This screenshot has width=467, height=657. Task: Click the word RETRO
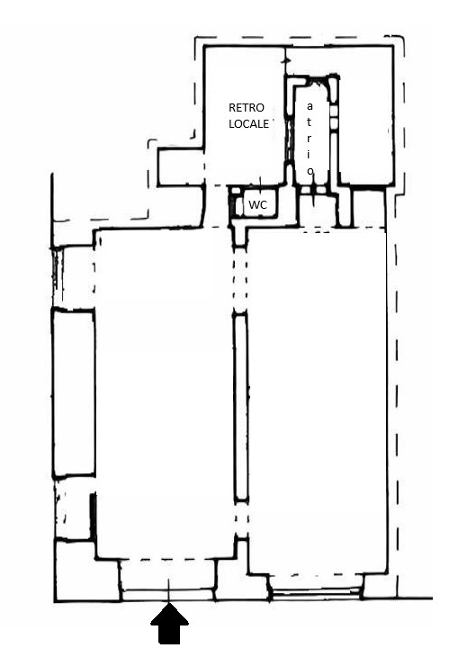247,108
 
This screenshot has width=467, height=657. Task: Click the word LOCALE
248,124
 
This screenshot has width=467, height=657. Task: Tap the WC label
257,205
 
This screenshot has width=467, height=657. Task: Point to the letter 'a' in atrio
310,106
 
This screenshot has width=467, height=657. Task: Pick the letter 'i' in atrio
310,154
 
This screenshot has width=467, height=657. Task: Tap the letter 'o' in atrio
310,171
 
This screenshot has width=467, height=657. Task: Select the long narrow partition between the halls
240,407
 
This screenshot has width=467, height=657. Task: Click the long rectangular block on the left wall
73,392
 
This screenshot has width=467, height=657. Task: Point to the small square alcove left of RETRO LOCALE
181,167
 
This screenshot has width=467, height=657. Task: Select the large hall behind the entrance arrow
166,394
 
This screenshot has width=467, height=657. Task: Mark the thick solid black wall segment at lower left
93,517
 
